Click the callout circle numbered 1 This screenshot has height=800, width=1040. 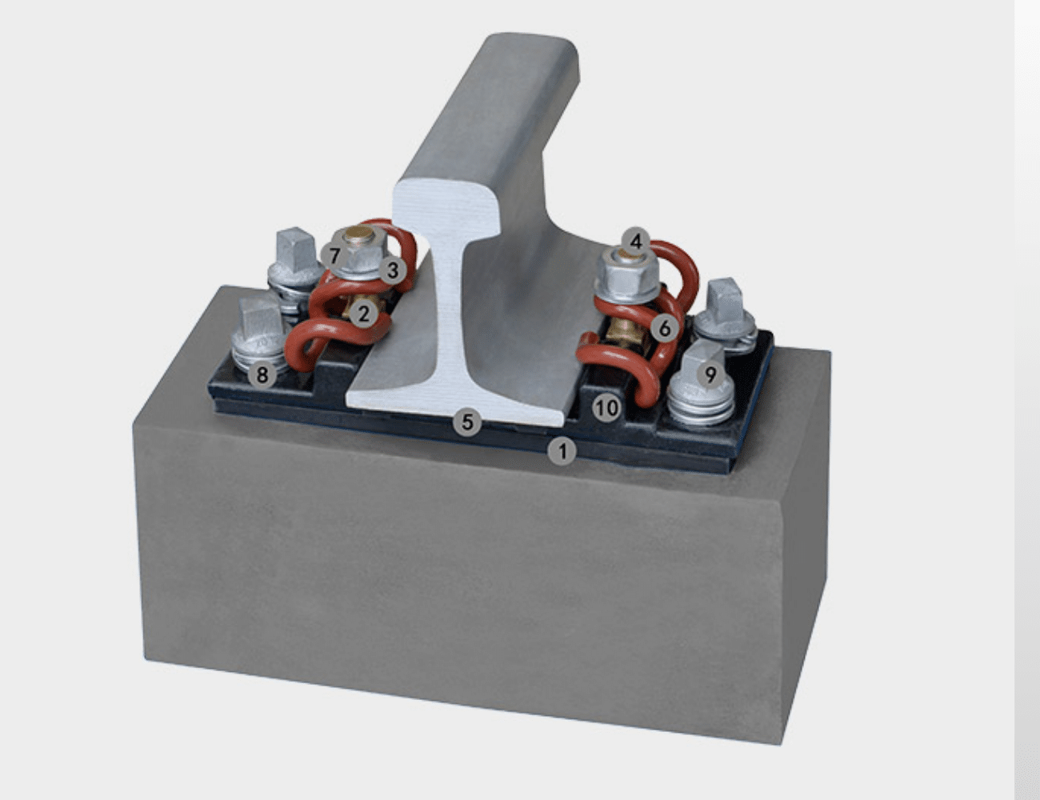coord(562,451)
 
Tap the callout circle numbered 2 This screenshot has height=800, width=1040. coord(364,313)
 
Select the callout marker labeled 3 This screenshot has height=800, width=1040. coord(392,270)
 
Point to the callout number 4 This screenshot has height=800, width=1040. coord(636,240)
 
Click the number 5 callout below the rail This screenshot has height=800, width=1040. coord(468,421)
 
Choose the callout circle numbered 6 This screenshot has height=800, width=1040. coord(664,327)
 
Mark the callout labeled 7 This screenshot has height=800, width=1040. coord(334,256)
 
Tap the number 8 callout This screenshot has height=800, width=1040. coord(262,373)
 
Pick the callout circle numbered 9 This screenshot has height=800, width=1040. coord(710,374)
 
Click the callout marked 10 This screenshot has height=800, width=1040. coord(606,408)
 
